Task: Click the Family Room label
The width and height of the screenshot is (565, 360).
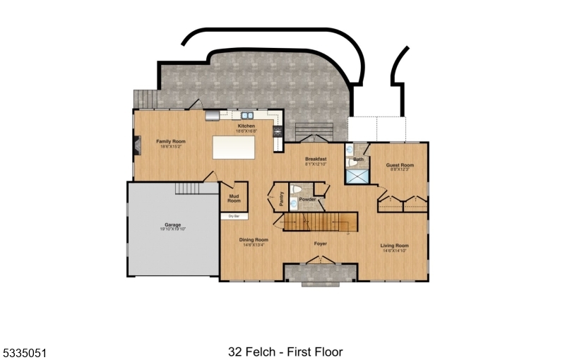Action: coord(171,141)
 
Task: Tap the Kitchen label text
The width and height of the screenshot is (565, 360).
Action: coord(246,126)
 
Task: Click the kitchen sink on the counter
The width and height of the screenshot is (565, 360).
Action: coord(246,114)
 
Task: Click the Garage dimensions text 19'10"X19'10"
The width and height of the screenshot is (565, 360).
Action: coord(173,229)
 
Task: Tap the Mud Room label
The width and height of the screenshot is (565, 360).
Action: coord(234,198)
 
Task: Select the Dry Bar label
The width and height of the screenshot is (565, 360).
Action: coord(234,215)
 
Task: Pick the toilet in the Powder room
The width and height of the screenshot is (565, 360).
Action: coord(298,189)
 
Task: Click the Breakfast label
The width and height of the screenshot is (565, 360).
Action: coord(316,159)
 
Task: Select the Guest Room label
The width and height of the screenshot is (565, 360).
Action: coord(400,165)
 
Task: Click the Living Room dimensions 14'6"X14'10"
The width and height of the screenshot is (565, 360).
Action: coord(395,251)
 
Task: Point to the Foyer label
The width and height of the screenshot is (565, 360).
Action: coord(321,244)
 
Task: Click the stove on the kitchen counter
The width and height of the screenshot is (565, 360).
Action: coord(278,130)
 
